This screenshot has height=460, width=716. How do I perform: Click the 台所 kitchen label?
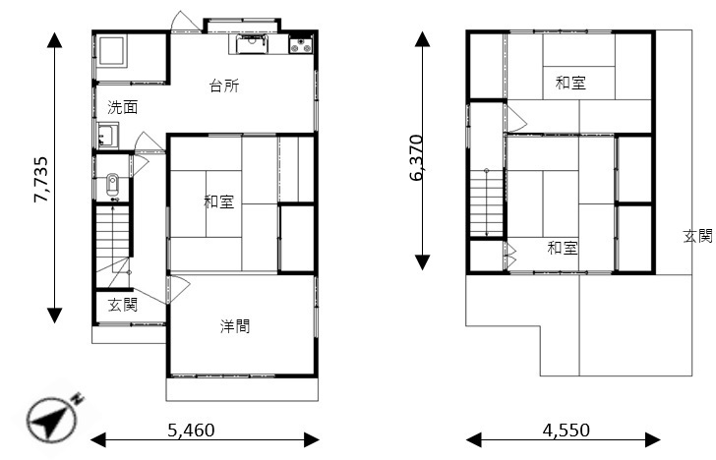tap(224, 86)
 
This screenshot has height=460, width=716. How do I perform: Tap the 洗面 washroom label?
tap(122, 108)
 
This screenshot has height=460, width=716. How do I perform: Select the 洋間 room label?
tap(235, 326)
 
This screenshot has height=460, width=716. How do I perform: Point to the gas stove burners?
tap(301, 45)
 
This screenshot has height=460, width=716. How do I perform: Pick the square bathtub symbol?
tap(111, 51)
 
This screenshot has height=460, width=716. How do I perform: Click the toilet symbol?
tap(112, 185)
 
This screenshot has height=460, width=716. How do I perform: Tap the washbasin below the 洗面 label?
tap(108, 136)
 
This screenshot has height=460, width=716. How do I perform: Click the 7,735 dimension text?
tap(40, 179)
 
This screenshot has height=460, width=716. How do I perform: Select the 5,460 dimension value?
tap(191, 430)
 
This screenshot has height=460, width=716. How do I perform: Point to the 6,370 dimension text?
tap(416, 157)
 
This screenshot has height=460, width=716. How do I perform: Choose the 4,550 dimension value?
tap(567, 430)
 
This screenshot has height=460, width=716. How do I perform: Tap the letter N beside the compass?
tap(78, 398)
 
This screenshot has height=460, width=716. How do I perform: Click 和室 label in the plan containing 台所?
tap(218, 201)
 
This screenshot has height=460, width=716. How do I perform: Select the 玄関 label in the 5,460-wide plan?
tap(122, 305)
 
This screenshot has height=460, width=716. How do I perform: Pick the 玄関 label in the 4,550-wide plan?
tap(697, 236)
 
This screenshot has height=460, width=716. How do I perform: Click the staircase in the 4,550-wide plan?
tap(487, 203)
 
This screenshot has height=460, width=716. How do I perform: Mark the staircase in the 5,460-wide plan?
tap(113, 247)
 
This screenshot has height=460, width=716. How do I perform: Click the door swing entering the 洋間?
tap(179, 289)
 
